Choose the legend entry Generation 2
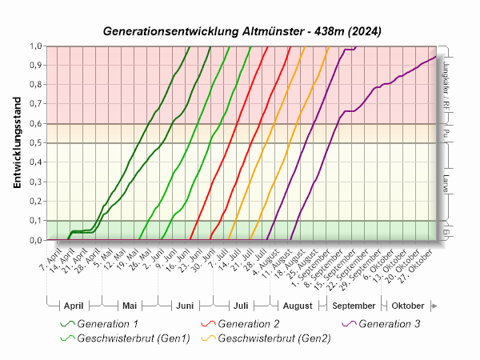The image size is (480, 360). pos(248,323)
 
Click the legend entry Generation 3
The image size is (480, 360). pos(389,323)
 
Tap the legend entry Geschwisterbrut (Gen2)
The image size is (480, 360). pos(274,338)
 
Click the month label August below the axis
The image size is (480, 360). pos(297,306)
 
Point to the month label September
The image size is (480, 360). pos(353,306)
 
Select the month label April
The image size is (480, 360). pos(73,306)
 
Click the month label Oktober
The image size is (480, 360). pos(407,306)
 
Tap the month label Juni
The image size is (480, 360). pos(184,306)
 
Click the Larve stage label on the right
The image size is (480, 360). pos(444,182)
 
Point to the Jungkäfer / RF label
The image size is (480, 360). pos(444,84)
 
